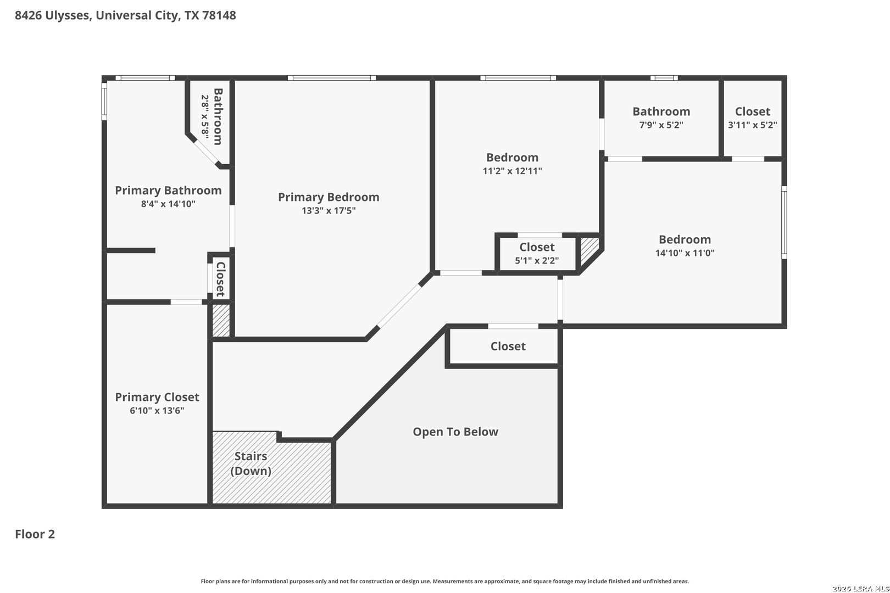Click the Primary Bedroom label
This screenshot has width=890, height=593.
click(x=329, y=197)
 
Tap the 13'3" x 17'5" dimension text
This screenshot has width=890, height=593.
click(x=329, y=210)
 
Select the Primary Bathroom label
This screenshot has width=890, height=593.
click(x=168, y=190)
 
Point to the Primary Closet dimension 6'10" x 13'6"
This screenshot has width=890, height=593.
click(x=157, y=411)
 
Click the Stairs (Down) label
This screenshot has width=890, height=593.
click(x=251, y=463)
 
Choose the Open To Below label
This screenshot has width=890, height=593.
click(x=455, y=432)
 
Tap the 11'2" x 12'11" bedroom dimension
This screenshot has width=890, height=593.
click(x=512, y=171)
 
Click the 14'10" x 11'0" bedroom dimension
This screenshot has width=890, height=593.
click(x=685, y=253)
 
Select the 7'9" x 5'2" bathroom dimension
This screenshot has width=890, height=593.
click(x=661, y=125)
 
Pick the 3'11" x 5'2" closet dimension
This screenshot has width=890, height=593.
click(x=752, y=125)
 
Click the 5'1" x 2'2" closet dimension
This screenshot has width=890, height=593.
click(x=537, y=261)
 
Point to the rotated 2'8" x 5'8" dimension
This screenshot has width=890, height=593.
click(x=205, y=117)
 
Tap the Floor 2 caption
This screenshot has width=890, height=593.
click(x=35, y=534)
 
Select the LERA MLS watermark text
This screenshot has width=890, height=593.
click(x=861, y=589)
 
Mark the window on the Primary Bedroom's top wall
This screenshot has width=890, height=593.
click(x=332, y=78)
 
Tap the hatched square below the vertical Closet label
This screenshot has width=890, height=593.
click(x=221, y=321)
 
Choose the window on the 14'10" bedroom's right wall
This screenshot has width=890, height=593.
click(x=784, y=222)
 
